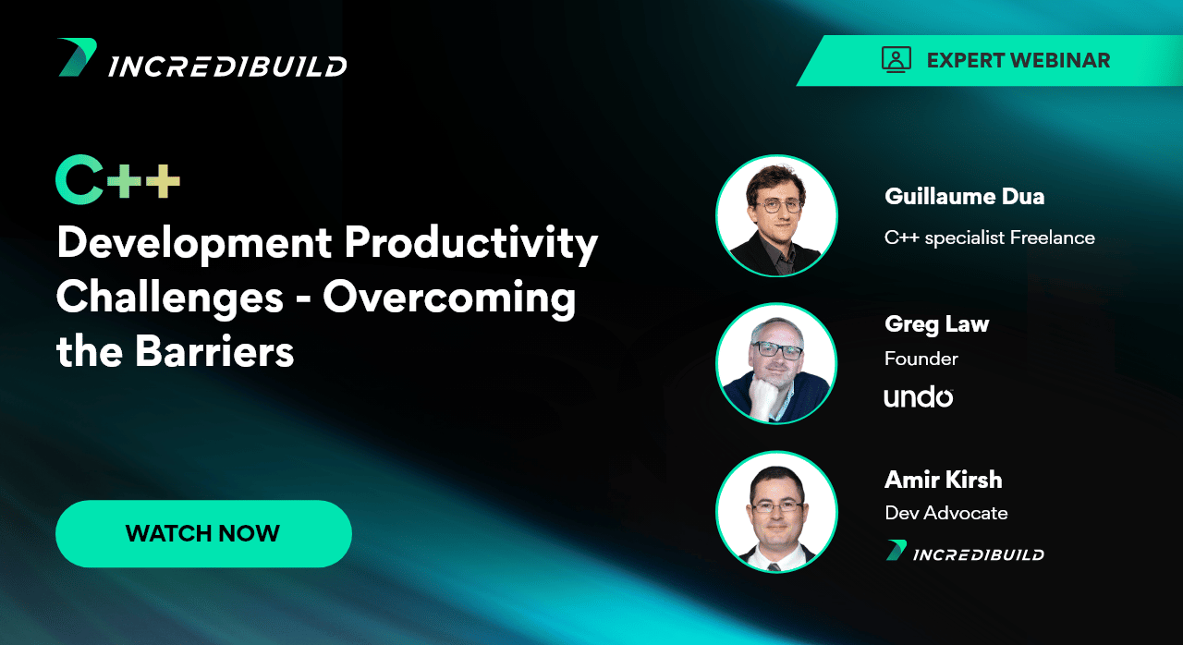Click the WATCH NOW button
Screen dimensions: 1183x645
pos(203,533)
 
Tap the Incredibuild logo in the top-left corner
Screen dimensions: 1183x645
pos(201,58)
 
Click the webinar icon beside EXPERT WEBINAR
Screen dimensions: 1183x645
pos(896,60)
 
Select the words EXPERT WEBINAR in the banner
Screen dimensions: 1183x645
pos(1018,61)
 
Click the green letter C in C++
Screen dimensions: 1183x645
pos(79,179)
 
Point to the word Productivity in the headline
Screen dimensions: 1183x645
pos(471,244)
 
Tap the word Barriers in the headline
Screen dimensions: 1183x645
pos(213,352)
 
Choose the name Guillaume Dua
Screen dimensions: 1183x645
pos(964,196)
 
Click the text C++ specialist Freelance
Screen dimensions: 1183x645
pos(989,238)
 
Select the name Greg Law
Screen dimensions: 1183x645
pos(936,324)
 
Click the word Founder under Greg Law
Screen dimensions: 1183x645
pos(921,359)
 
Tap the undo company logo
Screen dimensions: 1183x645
pos(919,397)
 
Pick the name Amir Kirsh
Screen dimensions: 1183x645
pos(944,480)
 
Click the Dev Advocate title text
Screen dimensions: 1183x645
pos(945,513)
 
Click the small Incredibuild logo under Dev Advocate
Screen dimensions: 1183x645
pos(965,551)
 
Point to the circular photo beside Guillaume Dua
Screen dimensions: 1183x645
pos(776,216)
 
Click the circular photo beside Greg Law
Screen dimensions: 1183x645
pos(776,364)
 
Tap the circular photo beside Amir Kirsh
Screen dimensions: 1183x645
pos(776,512)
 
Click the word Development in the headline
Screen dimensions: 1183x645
pos(194,244)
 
